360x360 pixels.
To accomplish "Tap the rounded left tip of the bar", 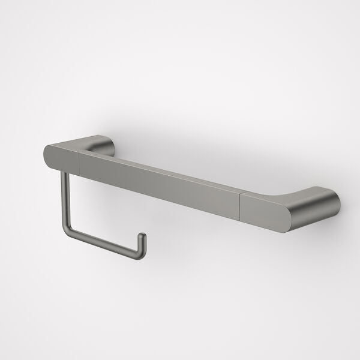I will pyautogui.click(x=47, y=154).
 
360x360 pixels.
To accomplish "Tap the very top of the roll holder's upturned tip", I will pyautogui.click(x=143, y=234).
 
